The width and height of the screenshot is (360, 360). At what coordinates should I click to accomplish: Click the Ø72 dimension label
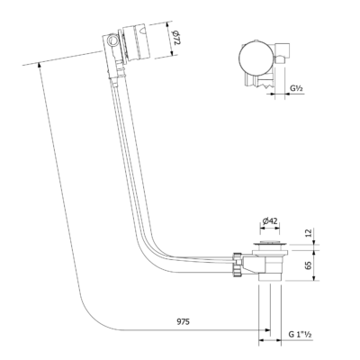(x=176, y=38)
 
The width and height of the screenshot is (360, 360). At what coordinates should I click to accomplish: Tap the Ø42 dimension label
(x=269, y=221)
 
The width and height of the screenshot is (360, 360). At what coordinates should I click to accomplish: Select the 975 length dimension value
(x=183, y=321)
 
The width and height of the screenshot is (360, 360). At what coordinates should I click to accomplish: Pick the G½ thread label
(x=296, y=88)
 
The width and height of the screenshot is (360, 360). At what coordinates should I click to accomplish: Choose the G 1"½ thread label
(x=300, y=334)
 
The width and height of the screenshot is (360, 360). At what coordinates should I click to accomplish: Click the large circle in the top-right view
(x=256, y=58)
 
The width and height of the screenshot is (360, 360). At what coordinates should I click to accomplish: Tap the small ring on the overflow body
(x=113, y=40)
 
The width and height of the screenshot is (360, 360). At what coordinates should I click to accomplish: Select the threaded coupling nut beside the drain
(x=237, y=265)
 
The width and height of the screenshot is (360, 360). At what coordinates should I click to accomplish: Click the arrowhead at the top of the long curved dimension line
(x=40, y=66)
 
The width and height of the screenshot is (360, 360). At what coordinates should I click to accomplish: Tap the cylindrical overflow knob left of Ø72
(x=138, y=42)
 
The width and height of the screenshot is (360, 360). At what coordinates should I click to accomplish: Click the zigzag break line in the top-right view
(x=265, y=86)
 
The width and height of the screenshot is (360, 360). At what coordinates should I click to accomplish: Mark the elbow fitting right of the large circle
(x=282, y=54)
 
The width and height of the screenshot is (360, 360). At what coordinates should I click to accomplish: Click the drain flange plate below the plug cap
(x=270, y=247)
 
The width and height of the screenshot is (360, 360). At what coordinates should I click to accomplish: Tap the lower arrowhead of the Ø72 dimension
(x=172, y=53)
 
